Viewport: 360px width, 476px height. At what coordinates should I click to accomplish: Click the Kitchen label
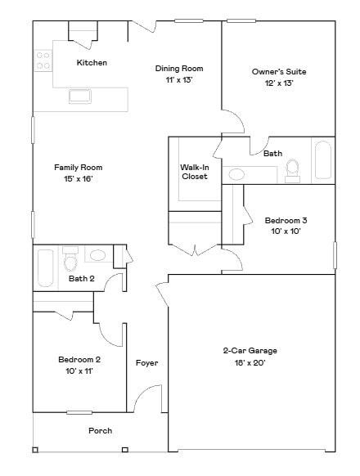[92, 63]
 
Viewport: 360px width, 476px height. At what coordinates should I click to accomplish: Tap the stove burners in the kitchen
[43, 60]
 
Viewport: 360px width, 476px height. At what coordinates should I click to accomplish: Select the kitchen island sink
[80, 97]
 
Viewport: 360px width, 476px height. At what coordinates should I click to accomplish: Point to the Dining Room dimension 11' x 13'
[179, 80]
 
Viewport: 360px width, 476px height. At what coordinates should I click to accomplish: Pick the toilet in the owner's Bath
[292, 169]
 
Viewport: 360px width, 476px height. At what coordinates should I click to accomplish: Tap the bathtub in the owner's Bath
[322, 160]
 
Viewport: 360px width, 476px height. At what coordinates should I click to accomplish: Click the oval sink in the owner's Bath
[237, 173]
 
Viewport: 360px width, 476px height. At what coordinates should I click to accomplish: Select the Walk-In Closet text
[195, 172]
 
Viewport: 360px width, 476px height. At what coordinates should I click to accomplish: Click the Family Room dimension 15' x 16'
[79, 178]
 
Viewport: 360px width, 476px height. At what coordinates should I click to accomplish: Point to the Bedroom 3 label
[286, 220]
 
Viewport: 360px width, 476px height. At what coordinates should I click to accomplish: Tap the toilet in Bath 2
[70, 262]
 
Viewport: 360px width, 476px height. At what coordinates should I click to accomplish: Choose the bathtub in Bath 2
[45, 267]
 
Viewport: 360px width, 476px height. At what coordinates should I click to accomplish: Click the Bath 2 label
[81, 279]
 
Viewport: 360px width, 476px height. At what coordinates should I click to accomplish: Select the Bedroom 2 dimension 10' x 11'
[79, 370]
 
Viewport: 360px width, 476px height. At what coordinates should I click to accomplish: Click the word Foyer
[146, 363]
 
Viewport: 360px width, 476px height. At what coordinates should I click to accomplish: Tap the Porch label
[100, 430]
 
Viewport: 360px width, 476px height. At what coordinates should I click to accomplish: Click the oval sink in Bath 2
[97, 255]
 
